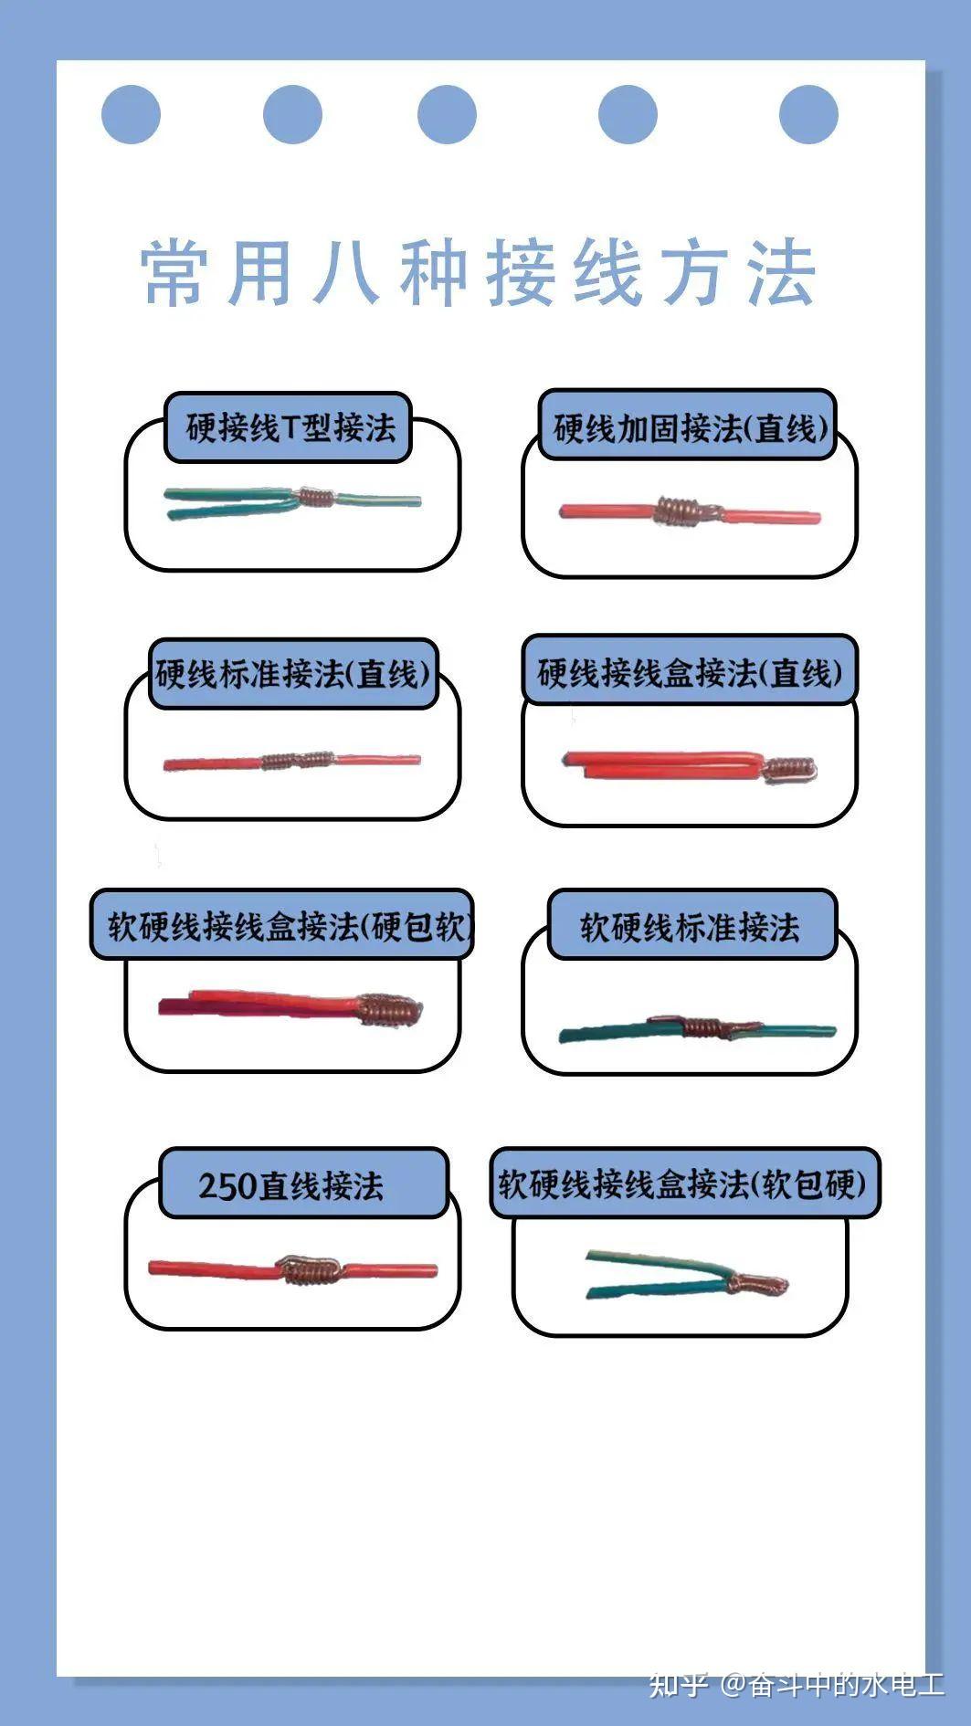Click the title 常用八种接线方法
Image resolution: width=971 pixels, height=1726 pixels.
[x=478, y=272]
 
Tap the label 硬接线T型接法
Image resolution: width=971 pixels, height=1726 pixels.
[x=290, y=427]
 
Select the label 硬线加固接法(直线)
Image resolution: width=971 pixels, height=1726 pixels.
[x=690, y=427]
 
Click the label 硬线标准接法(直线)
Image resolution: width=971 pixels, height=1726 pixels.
[x=292, y=674]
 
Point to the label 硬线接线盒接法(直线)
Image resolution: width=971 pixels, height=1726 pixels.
[x=690, y=673]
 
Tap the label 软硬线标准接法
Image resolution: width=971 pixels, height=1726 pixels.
[x=690, y=927]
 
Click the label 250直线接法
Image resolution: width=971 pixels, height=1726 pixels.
[x=290, y=1185]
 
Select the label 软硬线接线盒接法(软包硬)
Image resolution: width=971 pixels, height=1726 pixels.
[x=681, y=1184]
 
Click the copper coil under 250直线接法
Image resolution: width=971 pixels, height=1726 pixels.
[x=311, y=1268]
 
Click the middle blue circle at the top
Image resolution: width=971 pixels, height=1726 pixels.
[x=447, y=114]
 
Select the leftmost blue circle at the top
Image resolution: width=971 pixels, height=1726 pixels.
[x=131, y=114]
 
